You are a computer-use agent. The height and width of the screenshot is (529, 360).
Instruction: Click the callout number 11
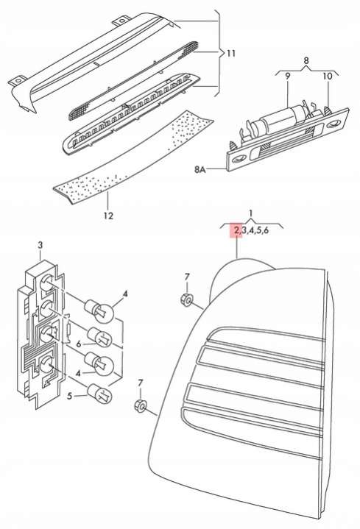click(231, 53)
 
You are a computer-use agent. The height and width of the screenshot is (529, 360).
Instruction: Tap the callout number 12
click(108, 216)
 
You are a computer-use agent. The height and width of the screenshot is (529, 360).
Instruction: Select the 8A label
click(200, 169)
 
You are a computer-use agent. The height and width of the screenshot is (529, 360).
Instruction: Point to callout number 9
click(287, 76)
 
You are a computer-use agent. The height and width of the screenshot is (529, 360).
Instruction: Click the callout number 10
click(328, 76)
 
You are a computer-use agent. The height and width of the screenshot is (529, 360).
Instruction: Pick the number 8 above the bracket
click(306, 61)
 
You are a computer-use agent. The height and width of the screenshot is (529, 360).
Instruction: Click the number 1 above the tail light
click(251, 213)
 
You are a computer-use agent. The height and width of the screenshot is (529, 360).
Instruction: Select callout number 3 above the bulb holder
click(40, 246)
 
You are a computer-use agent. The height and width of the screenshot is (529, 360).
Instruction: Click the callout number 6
click(79, 344)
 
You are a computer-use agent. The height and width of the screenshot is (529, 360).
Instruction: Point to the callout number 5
click(69, 395)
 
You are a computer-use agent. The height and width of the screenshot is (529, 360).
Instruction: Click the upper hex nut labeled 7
click(186, 299)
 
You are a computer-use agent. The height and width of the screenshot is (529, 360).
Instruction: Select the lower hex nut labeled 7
click(139, 405)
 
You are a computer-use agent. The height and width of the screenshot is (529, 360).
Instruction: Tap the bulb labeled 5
click(99, 394)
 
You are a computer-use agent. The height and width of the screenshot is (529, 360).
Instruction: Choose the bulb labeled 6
click(99, 338)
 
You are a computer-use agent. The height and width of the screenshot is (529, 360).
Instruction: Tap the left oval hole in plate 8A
click(239, 157)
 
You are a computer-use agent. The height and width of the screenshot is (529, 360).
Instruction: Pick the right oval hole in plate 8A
click(333, 124)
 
